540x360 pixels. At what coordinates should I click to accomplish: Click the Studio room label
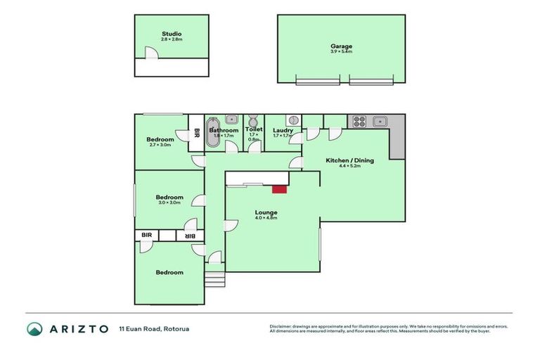(x=172, y=34)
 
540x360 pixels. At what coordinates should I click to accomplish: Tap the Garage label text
(x=341, y=47)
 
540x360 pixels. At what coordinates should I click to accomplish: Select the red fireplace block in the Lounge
(x=280, y=188)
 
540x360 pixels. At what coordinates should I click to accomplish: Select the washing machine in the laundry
(x=295, y=120)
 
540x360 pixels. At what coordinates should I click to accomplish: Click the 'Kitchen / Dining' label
(x=349, y=160)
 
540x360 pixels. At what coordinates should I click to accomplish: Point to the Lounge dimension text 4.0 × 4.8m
(x=266, y=218)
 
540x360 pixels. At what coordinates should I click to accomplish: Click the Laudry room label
(x=283, y=130)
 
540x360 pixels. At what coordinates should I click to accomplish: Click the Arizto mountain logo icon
(x=34, y=328)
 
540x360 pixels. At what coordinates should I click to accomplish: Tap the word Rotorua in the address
(x=176, y=328)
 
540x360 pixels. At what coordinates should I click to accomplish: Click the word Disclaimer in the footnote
(x=279, y=326)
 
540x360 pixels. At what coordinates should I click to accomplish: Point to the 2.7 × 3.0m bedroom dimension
(x=160, y=145)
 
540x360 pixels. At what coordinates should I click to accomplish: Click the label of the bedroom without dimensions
(x=169, y=272)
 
